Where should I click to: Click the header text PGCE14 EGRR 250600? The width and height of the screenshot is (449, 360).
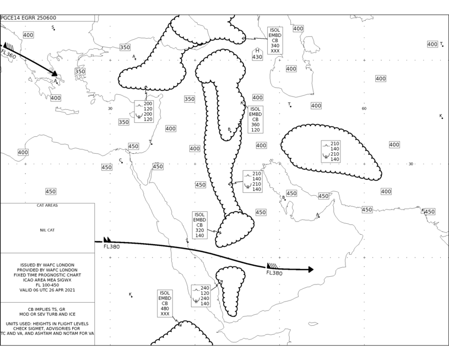pyautogui.click(x=28, y=18)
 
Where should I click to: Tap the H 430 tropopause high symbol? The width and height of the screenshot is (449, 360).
pyautogui.click(x=257, y=54)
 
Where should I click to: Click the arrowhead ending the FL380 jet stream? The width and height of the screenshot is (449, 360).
pyautogui.click(x=311, y=270)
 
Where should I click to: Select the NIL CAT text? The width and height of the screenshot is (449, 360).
pyautogui.click(x=47, y=230)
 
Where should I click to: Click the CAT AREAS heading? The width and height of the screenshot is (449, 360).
pyautogui.click(x=47, y=206)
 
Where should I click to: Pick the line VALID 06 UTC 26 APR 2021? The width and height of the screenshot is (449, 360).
pyautogui.click(x=47, y=290)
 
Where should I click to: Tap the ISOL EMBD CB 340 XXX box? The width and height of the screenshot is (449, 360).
pyautogui.click(x=275, y=40)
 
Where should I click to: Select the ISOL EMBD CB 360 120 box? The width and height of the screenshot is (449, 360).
pyautogui.click(x=256, y=120)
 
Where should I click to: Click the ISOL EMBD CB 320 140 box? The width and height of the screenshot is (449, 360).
pyautogui.click(x=199, y=225)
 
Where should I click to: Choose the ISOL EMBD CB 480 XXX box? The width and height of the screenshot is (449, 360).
pyautogui.click(x=165, y=303)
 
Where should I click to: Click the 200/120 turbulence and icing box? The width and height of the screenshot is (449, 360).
pyautogui.click(x=144, y=111)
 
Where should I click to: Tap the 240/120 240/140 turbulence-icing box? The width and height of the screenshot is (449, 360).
pyautogui.click(x=201, y=296)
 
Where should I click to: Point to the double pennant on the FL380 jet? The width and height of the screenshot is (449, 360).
pyautogui.click(x=107, y=240)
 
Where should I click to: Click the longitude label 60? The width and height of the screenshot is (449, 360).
pyautogui.click(x=364, y=109)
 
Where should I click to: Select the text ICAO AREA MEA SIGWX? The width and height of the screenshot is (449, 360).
pyautogui.click(x=47, y=280)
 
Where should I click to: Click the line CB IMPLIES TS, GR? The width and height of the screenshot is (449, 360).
pyautogui.click(x=47, y=309)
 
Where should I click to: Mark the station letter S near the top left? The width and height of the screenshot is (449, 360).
pyautogui.click(x=53, y=27)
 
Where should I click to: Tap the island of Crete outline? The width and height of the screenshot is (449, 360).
pyautogui.click(x=67, y=110)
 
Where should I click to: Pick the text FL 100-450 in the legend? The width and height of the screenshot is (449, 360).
pyautogui.click(x=47, y=285)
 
